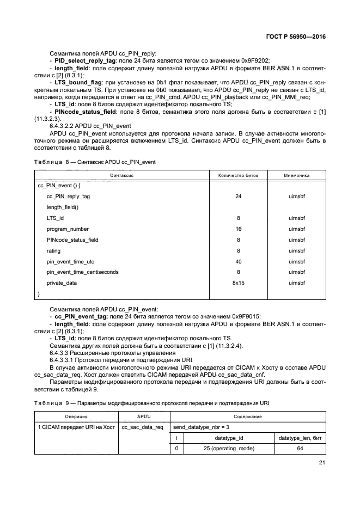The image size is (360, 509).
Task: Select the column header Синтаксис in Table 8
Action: [x=122, y=176]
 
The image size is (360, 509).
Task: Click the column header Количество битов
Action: [x=238, y=176]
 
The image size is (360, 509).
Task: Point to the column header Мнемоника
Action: [x=297, y=176]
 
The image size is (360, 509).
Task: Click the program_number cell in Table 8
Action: [x=68, y=229]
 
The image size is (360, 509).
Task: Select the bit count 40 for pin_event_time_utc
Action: [x=238, y=261]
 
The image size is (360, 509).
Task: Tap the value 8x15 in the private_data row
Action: [x=238, y=283]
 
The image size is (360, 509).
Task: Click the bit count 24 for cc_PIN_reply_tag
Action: [x=238, y=197]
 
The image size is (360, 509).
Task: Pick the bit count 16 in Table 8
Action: [x=238, y=229]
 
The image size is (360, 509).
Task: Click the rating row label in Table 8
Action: [x=54, y=250]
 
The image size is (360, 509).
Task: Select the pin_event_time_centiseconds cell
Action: [x=82, y=272]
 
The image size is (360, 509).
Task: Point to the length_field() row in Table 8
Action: [x=63, y=207]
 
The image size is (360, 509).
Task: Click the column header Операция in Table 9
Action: [x=76, y=416]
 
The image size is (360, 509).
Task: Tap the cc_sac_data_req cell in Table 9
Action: [x=143, y=427]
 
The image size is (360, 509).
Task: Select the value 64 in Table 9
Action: [x=300, y=449]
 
